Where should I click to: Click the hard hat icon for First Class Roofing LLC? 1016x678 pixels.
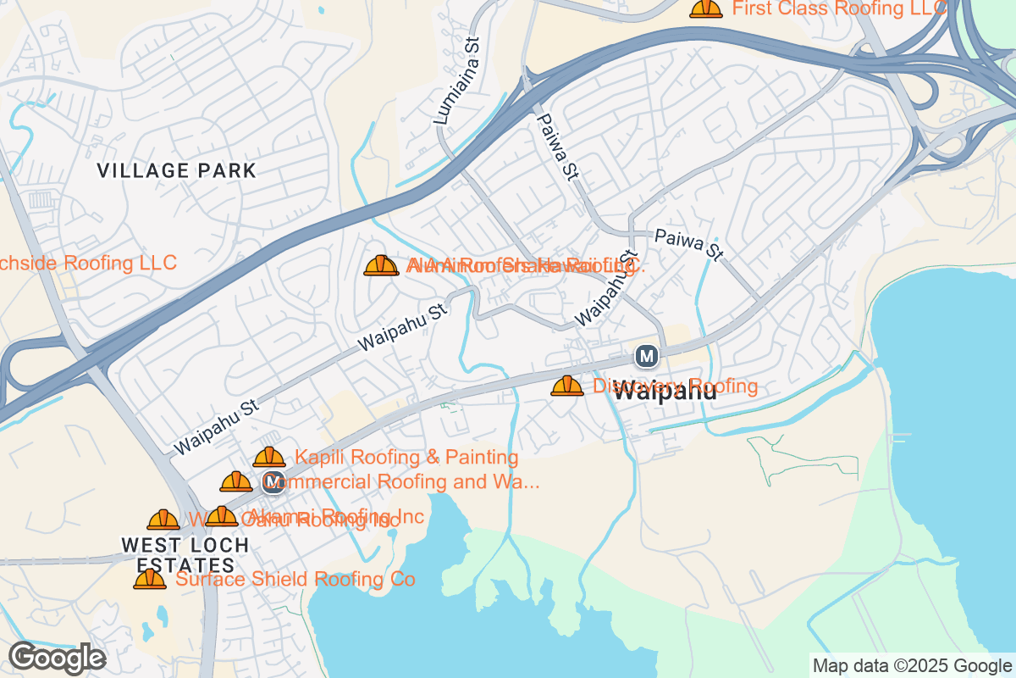tap(705, 8)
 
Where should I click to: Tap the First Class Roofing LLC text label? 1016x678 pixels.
tap(838, 8)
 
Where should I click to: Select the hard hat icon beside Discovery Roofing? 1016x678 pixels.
tap(567, 386)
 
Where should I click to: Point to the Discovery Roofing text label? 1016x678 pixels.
tap(675, 386)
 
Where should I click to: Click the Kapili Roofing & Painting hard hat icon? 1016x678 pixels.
tap(269, 458)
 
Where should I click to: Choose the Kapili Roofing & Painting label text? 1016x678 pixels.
tap(406, 458)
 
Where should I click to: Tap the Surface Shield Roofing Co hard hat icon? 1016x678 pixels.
tap(150, 580)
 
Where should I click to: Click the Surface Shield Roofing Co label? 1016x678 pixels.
tap(295, 580)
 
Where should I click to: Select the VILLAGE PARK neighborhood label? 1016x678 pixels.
tap(176, 170)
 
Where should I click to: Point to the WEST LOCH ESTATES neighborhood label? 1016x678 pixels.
tap(185, 555)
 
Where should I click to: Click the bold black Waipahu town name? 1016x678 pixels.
tap(665, 392)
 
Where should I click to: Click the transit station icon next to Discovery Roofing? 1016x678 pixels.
tap(647, 356)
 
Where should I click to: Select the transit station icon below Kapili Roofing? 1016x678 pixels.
tap(273, 483)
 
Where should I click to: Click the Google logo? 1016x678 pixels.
tap(58, 658)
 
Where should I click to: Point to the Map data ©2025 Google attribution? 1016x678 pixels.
tap(912, 665)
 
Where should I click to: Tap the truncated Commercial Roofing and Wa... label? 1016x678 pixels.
tap(403, 482)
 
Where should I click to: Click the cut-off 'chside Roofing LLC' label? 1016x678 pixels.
tap(88, 263)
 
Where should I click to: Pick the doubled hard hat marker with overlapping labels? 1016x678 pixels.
tap(381, 266)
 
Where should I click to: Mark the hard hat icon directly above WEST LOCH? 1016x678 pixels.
tap(163, 520)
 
